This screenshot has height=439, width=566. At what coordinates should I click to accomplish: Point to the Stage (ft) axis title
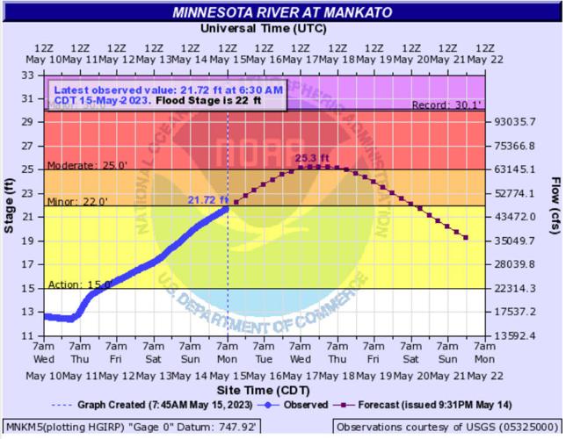pyautogui.click(x=10, y=205)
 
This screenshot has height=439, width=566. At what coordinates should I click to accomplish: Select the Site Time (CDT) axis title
pyautogui.click(x=264, y=390)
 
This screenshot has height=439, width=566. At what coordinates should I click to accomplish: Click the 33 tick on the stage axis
pyautogui.click(x=27, y=76)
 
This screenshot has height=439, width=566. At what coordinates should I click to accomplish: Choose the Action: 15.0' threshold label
pyautogui.click(x=73, y=284)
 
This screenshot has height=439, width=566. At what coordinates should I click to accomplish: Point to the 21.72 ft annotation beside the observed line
pyautogui.click(x=207, y=200)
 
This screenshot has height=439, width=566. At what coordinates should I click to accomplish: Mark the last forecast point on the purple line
pyautogui.click(x=466, y=238)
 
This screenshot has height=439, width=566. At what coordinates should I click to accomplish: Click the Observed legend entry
pyautogui.click(x=294, y=405)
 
